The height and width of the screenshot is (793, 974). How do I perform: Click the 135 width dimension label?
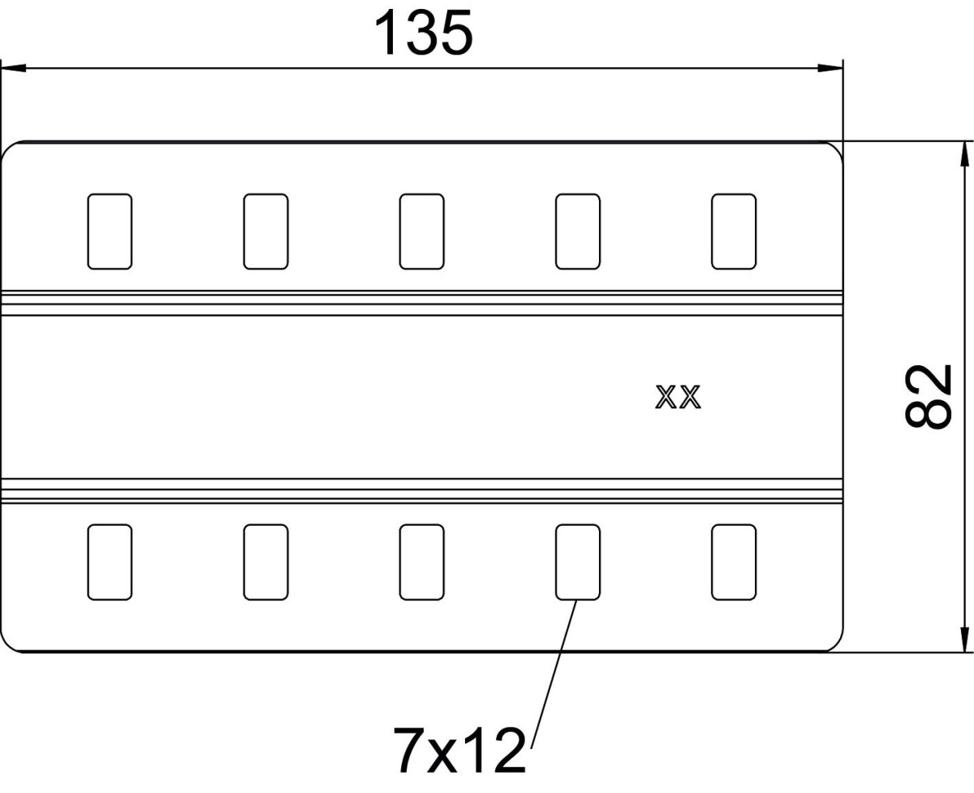[422, 34]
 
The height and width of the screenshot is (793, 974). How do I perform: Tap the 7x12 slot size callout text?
[459, 751]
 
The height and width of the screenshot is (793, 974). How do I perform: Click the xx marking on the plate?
[678, 398]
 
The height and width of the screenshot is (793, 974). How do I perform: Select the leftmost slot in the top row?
[110, 231]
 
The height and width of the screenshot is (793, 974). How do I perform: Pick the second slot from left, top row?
[265, 231]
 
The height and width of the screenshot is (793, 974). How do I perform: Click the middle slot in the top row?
[422, 231]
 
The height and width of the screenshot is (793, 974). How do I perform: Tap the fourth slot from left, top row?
[577, 231]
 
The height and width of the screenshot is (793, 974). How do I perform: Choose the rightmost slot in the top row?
[733, 231]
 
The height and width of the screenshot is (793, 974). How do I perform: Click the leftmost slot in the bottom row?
[110, 562]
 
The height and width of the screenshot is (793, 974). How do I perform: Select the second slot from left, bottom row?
[265, 562]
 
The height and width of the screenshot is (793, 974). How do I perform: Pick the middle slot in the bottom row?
[422, 562]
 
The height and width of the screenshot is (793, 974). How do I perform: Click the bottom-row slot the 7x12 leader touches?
[577, 562]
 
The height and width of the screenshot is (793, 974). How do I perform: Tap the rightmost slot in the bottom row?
[733, 562]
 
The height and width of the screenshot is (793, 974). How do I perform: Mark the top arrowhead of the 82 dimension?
[965, 154]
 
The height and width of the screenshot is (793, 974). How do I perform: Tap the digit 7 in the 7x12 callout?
[407, 751]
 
